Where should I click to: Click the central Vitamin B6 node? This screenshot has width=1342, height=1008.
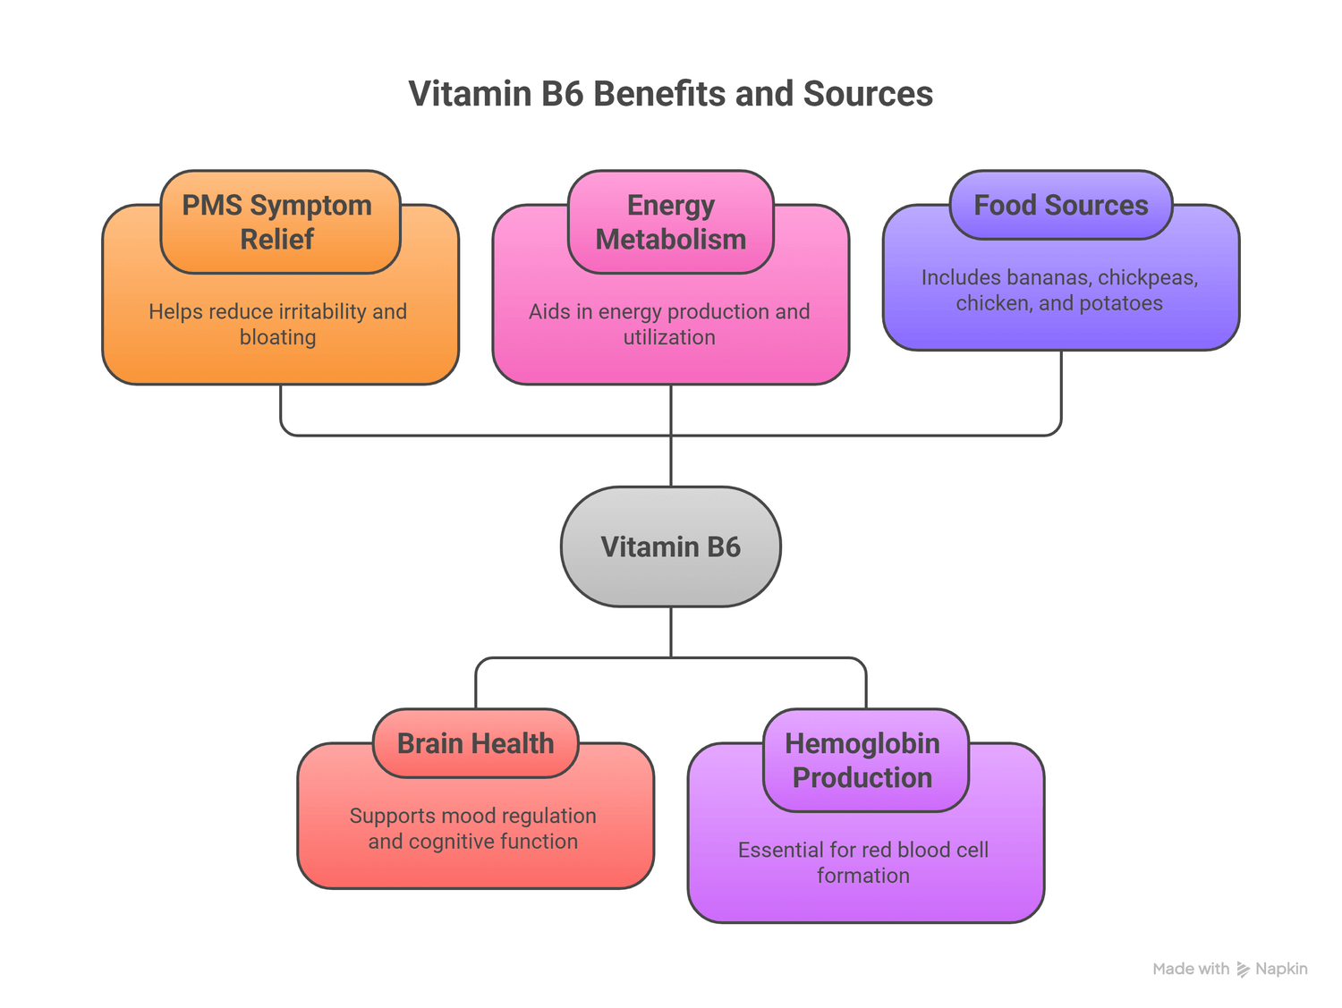point(670,546)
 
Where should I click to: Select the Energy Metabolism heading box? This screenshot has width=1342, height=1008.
point(670,222)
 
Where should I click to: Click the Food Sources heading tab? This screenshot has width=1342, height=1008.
point(1060,205)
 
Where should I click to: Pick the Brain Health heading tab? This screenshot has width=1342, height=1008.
point(475,743)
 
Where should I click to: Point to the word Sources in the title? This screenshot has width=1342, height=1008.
point(868,94)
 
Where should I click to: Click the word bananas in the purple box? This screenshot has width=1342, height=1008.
point(1049,277)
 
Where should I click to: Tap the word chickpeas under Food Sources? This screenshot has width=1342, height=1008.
point(1148,277)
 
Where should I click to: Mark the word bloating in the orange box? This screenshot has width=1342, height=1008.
point(277,337)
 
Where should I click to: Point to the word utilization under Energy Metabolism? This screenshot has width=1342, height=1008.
point(669,337)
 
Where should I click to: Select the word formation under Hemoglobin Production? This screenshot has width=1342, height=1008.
point(863,876)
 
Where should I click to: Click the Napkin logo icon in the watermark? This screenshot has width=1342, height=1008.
point(1243,970)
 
